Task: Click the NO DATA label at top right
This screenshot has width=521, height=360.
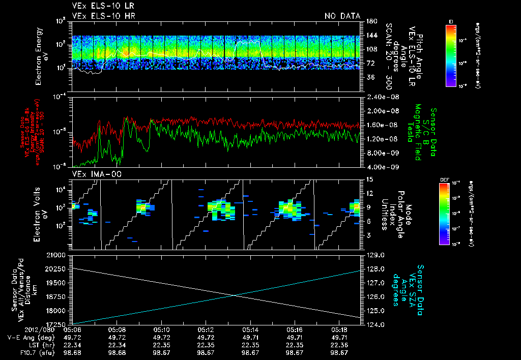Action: pos(342,16)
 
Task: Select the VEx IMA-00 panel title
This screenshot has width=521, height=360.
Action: pos(93,174)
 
